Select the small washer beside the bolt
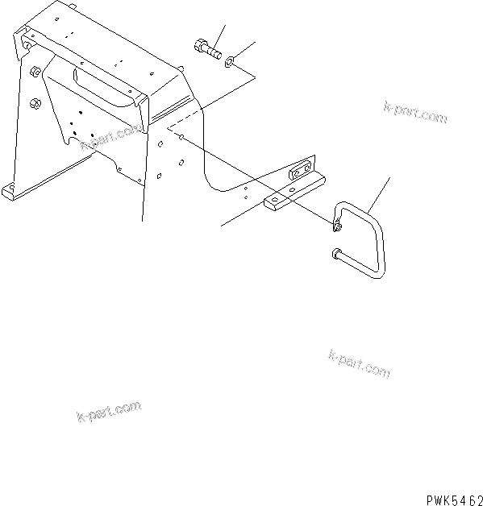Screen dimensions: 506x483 point(231,60)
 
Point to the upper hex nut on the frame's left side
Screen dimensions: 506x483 point(35,73)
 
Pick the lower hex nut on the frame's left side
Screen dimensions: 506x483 point(35,103)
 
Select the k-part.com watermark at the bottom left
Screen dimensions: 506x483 point(108,413)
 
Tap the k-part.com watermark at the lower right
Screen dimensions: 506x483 point(360,363)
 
